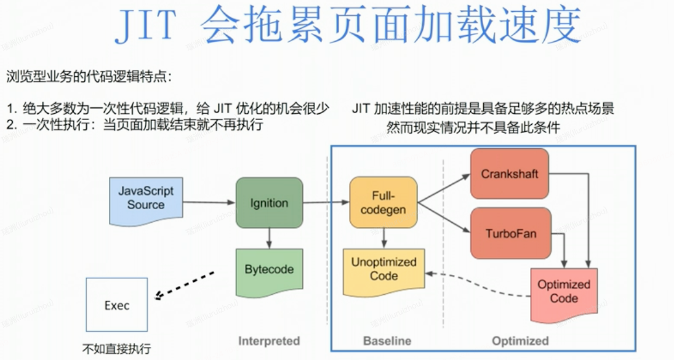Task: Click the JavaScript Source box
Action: tap(145, 199)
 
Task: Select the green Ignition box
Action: tap(269, 203)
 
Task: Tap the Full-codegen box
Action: tap(383, 202)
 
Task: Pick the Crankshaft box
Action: tap(509, 174)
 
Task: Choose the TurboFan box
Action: tap(509, 234)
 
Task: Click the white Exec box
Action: tap(117, 305)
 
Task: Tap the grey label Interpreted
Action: tap(269, 341)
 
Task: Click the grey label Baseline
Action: tap(387, 341)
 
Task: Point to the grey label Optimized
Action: tap(520, 341)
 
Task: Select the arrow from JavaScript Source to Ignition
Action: tap(209, 202)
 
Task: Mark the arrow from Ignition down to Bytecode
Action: tap(269, 238)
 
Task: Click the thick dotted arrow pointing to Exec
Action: tap(185, 286)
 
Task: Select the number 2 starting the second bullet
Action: tap(10, 125)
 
